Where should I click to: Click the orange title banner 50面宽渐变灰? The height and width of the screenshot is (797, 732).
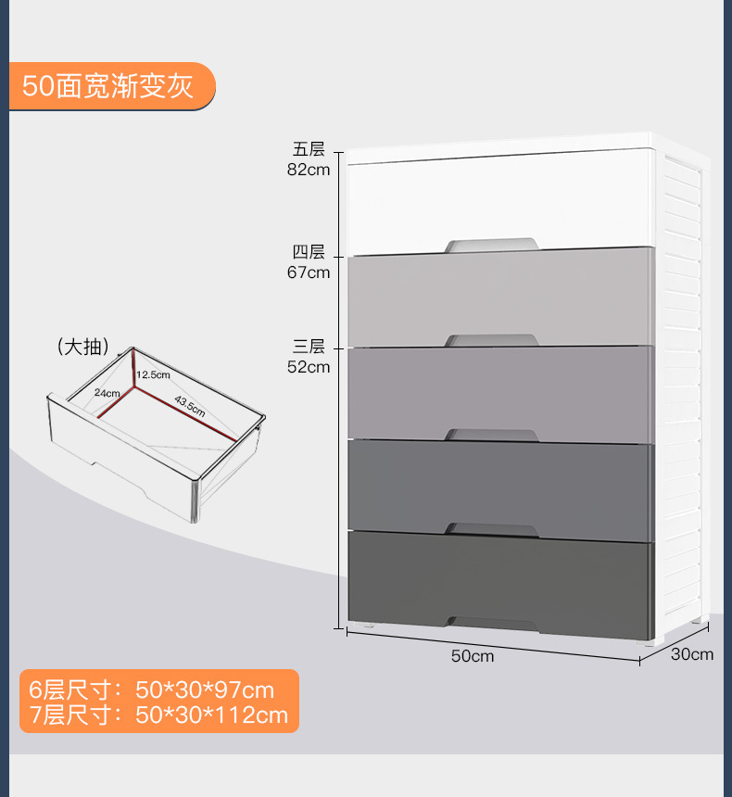109,87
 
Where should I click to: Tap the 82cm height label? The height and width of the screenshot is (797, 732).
309,171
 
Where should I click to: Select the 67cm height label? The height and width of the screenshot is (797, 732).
309,272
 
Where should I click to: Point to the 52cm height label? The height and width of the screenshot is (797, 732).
309,366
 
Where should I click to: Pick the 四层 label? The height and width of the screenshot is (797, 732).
309,252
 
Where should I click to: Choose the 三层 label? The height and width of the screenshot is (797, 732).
309,347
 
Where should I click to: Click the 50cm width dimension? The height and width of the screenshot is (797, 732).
473,656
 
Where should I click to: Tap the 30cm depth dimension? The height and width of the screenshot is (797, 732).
692,654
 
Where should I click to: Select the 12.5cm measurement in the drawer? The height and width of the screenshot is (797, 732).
154,374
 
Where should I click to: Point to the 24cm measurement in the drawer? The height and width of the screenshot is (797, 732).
107,393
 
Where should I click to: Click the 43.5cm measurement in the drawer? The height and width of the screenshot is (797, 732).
190,406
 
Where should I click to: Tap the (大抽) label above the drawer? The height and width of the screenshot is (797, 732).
83,348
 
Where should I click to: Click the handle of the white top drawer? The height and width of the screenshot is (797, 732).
492,245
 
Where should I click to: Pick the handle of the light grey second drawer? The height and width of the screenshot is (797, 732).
492,340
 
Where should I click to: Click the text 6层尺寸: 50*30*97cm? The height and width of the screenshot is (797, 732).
152,690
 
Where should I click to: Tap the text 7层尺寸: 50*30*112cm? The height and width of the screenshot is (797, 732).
158,715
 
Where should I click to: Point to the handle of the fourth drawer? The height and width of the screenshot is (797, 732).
492,529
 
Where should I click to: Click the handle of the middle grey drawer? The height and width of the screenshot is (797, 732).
492,435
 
